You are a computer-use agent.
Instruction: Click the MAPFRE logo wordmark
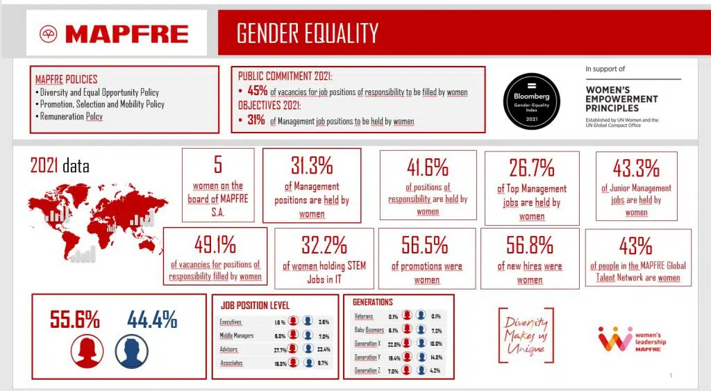pyautogui.click(x=126, y=33)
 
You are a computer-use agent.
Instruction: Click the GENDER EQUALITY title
pyautogui.click(x=308, y=33)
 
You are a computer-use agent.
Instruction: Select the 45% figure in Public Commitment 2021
pyautogui.click(x=258, y=92)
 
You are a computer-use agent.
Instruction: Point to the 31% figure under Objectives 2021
pyautogui.click(x=256, y=121)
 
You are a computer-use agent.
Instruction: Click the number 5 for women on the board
pyautogui.click(x=217, y=165)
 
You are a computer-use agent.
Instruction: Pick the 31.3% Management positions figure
pyautogui.click(x=312, y=166)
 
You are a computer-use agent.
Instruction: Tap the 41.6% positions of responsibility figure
pyautogui.click(x=427, y=167)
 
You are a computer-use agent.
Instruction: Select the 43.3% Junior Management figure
pyautogui.click(x=636, y=168)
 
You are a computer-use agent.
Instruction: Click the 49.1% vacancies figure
pyautogui.click(x=215, y=245)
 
